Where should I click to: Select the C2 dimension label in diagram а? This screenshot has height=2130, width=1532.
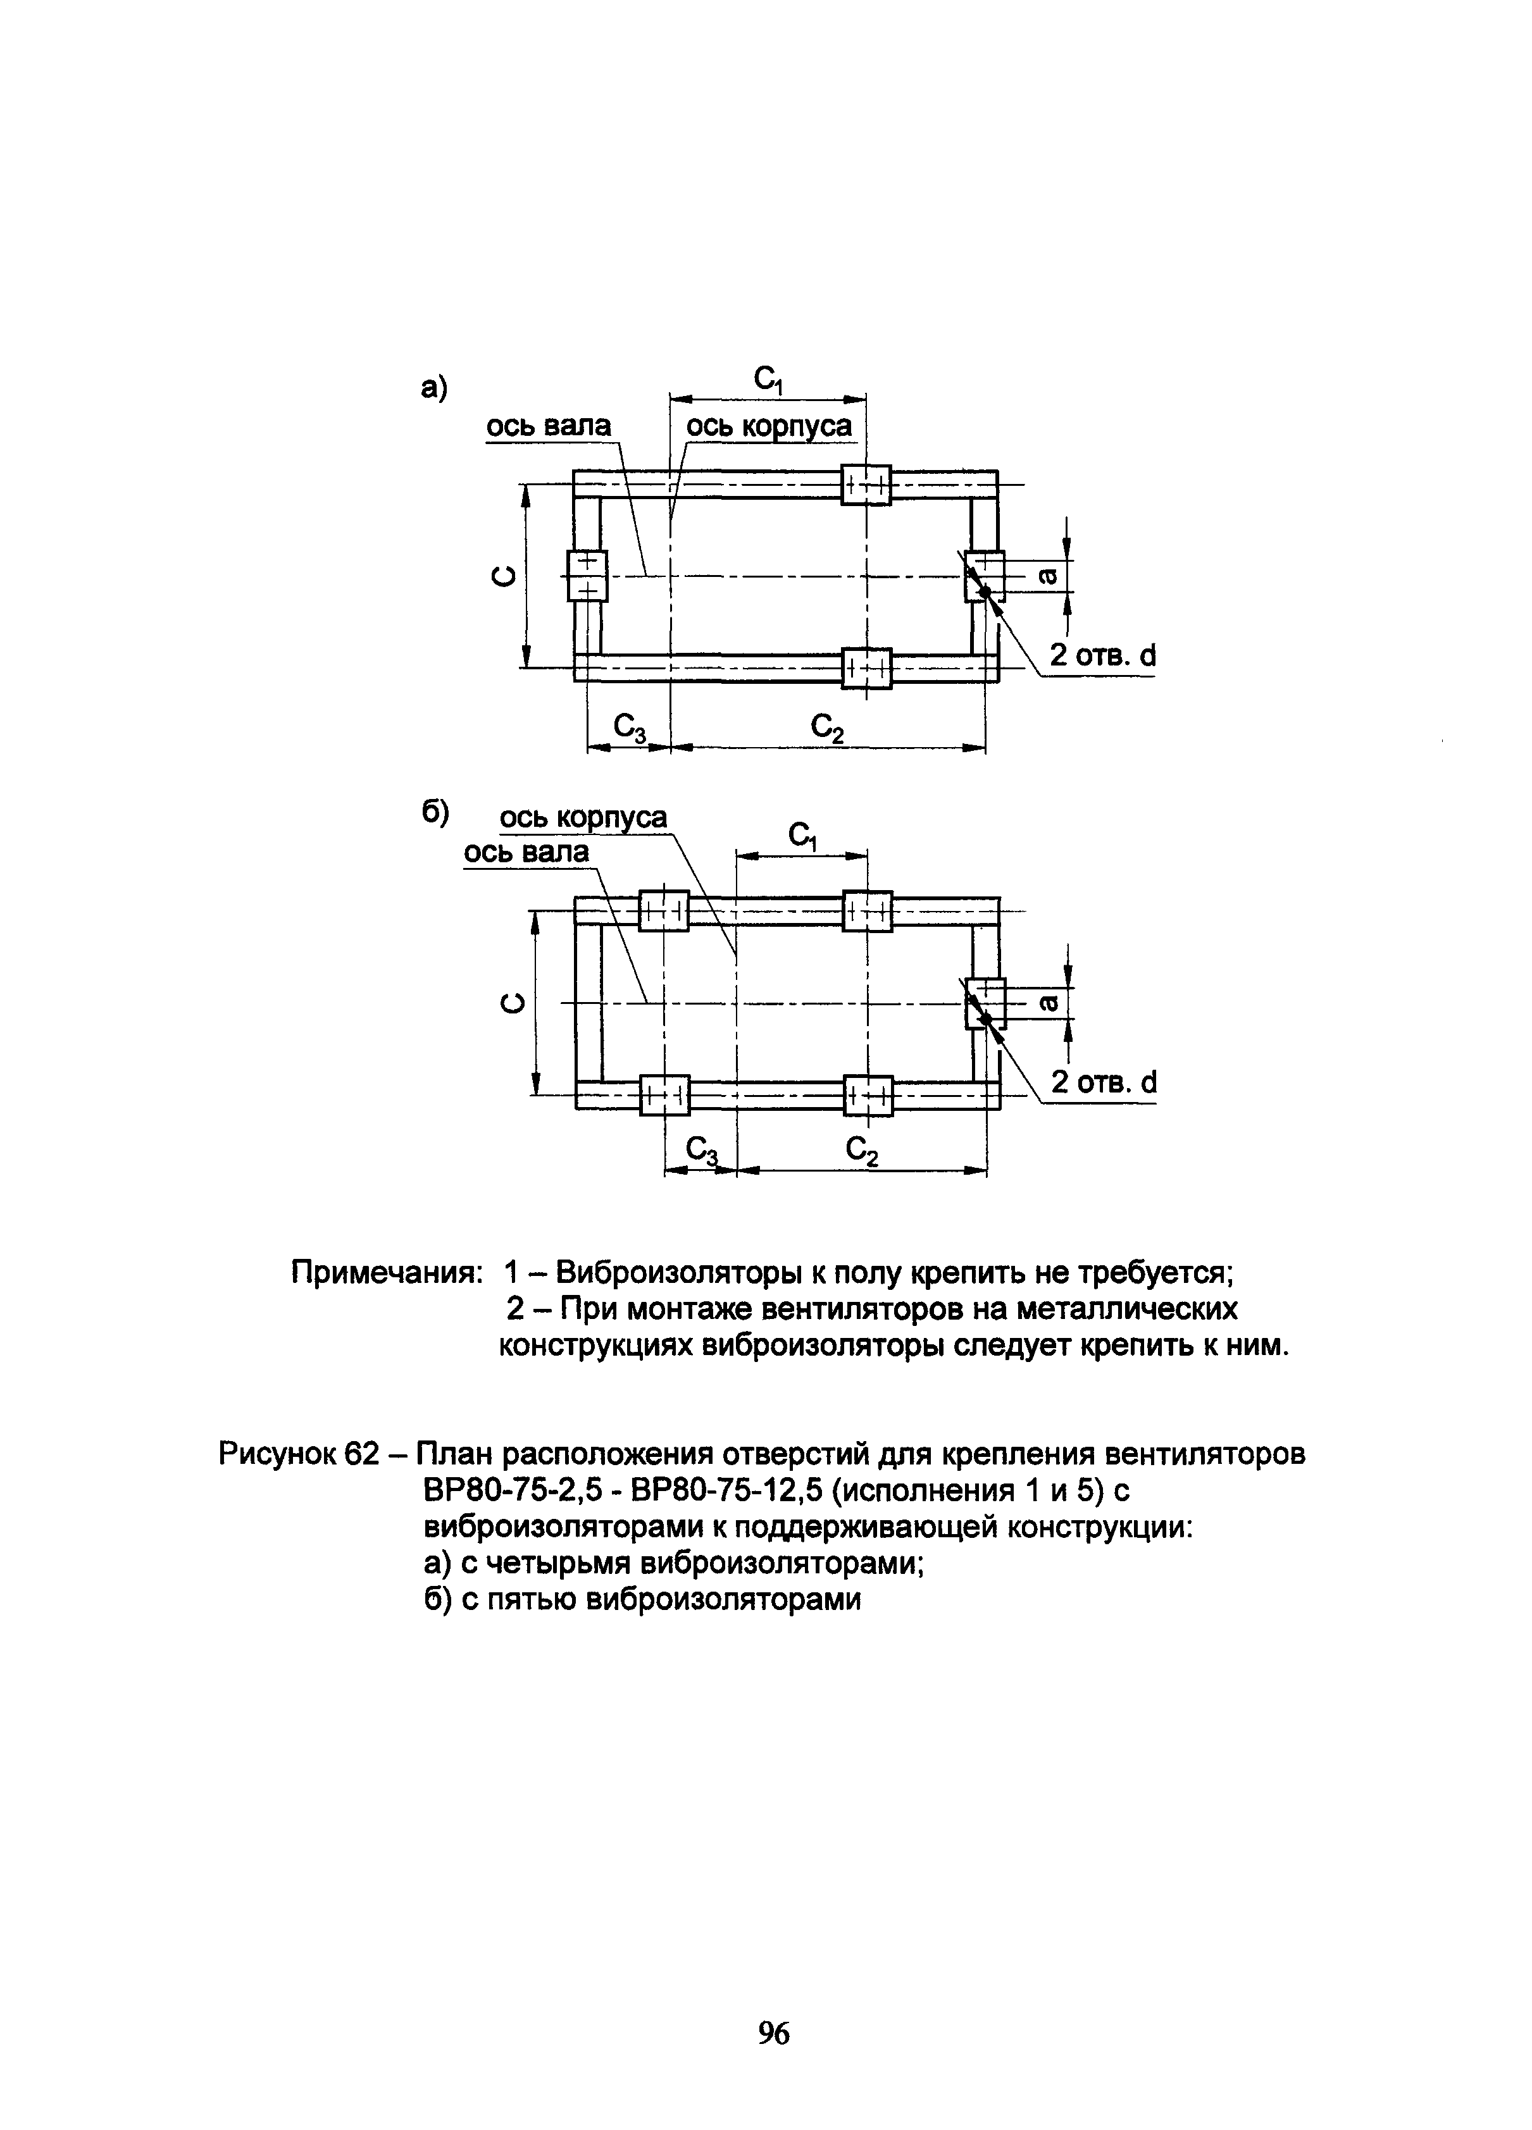click(826, 727)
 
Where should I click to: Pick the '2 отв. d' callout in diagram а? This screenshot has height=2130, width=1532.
click(1102, 655)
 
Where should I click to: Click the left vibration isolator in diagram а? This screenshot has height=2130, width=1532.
click(587, 576)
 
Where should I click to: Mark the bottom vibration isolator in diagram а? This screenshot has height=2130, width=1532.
click(865, 668)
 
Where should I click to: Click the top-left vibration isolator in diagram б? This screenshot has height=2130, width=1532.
click(663, 910)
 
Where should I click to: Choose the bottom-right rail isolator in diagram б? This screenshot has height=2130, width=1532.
click(867, 1095)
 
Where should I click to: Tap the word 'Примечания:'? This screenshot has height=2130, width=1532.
click(386, 1273)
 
